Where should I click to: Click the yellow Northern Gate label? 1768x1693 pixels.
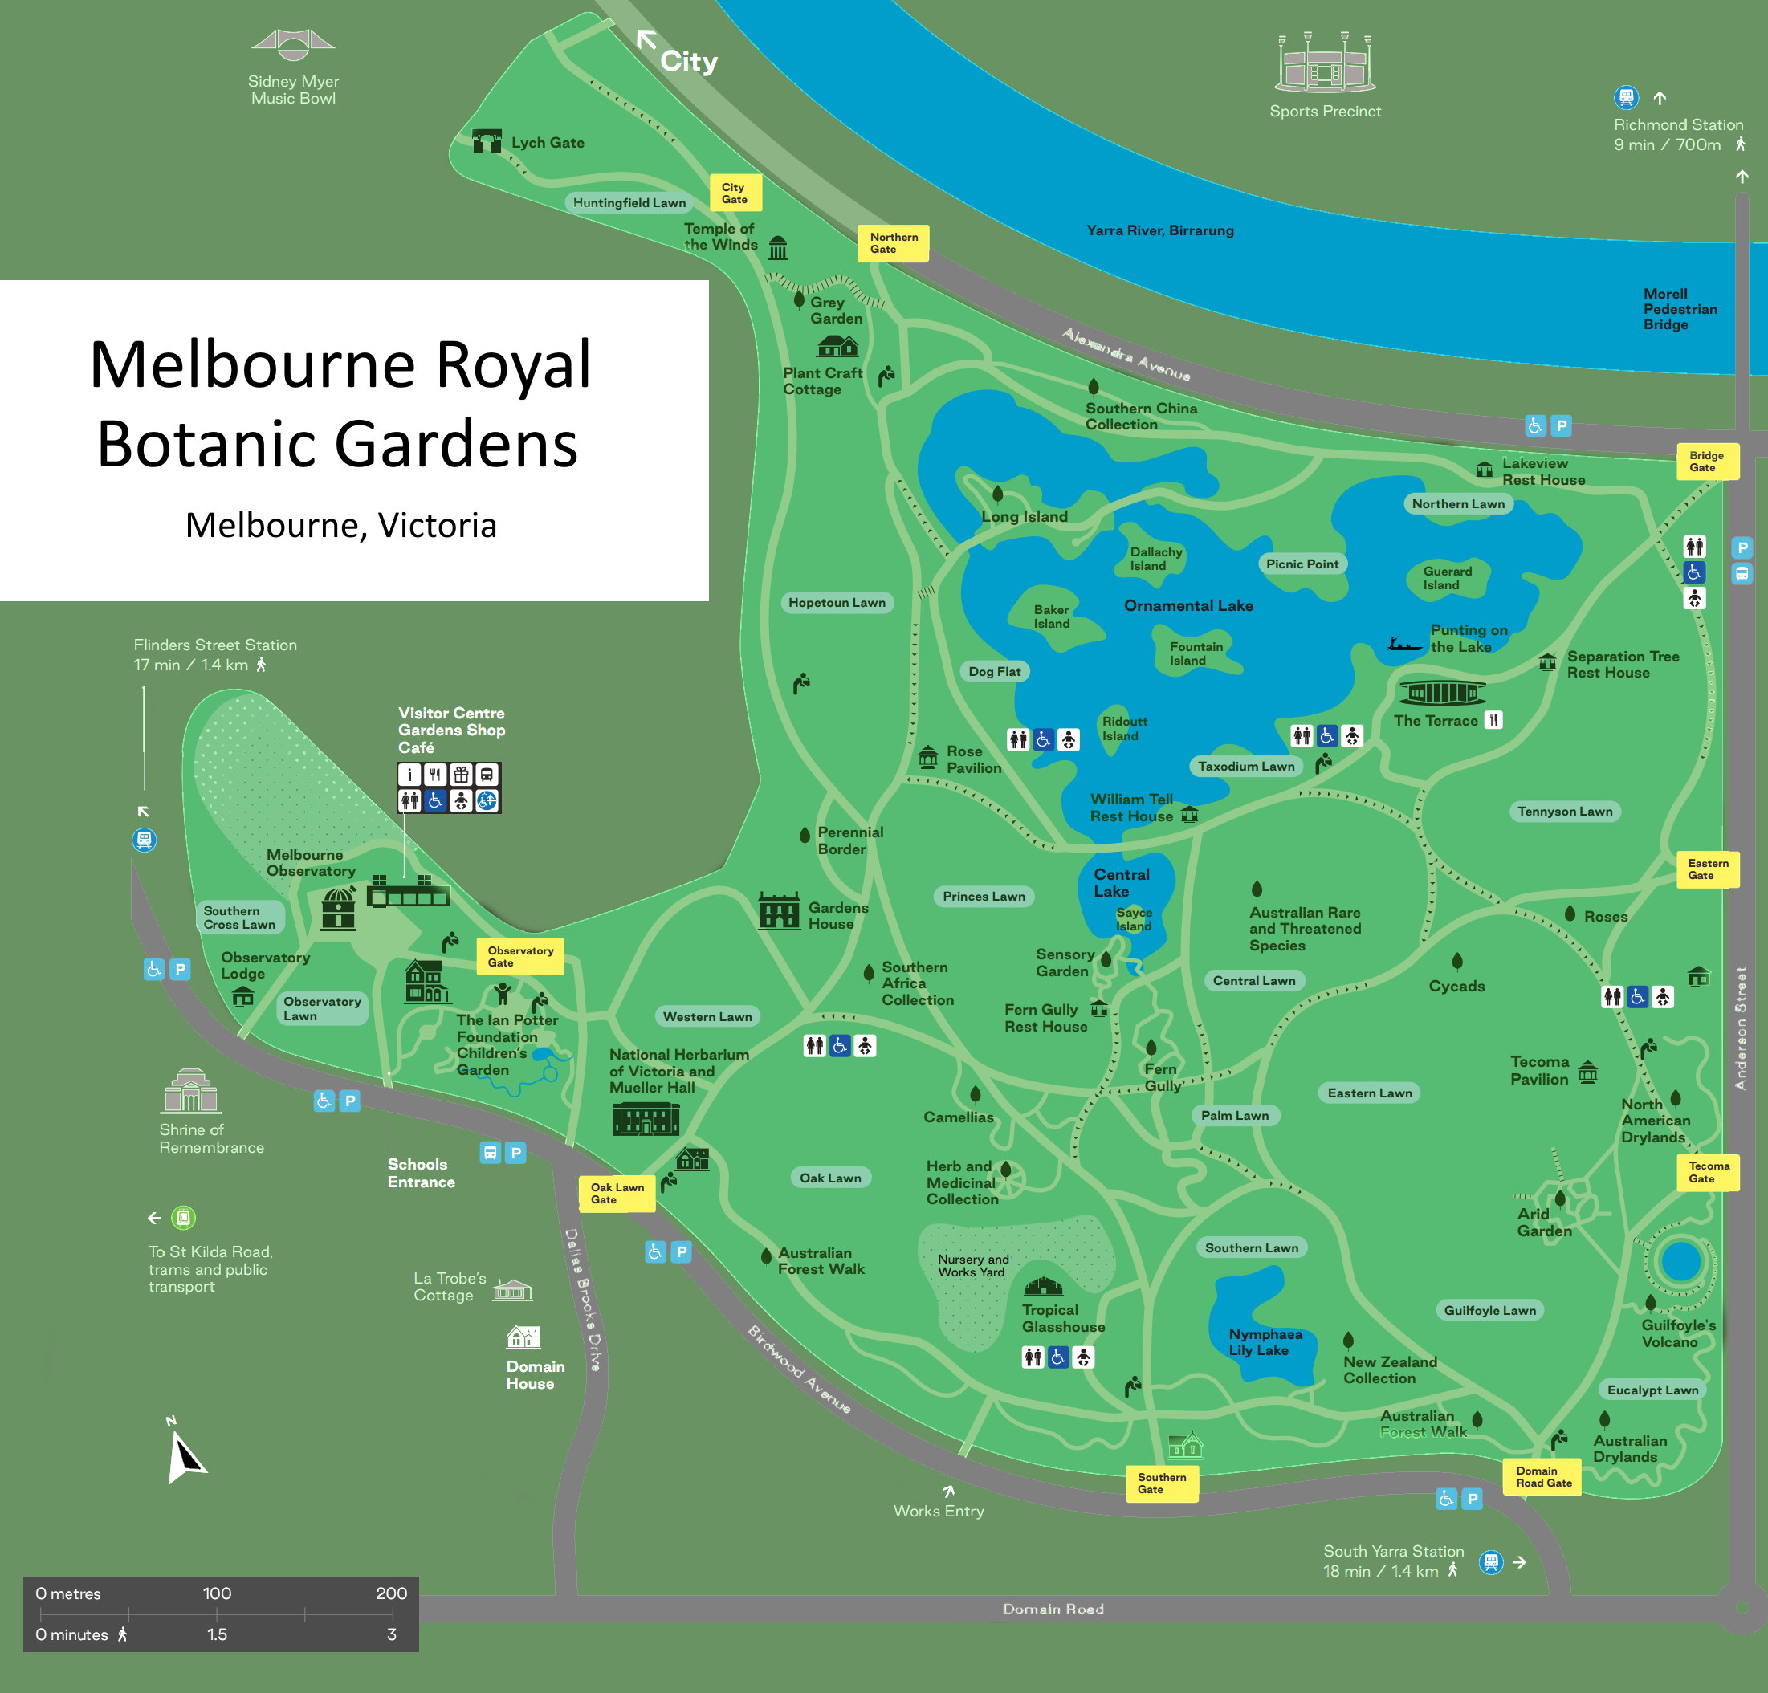[892, 242]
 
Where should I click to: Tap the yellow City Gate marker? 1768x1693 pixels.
[735, 193]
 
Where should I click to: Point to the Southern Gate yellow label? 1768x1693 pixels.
[1161, 1483]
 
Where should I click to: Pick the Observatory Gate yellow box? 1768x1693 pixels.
[519, 956]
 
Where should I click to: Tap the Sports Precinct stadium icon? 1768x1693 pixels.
[1324, 63]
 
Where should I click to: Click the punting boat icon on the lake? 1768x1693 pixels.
[1403, 644]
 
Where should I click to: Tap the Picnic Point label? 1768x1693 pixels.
[1302, 564]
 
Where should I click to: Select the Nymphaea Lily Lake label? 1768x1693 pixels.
[1264, 1341]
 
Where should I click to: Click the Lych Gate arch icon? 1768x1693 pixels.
[487, 140]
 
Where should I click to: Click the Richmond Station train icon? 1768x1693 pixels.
[1625, 96]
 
